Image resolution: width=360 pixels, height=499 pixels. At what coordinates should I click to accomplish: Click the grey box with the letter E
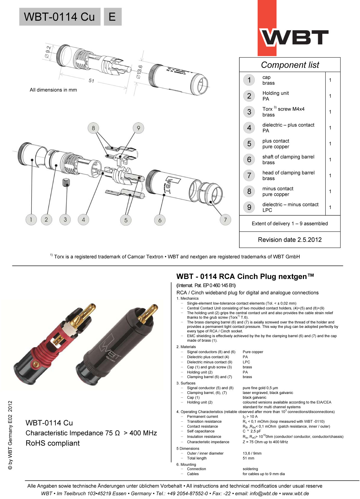112,17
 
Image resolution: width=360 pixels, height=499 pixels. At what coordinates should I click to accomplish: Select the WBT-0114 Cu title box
60,17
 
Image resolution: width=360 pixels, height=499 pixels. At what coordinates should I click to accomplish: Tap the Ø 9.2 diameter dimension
48,51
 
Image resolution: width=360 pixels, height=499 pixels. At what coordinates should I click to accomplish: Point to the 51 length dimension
91,81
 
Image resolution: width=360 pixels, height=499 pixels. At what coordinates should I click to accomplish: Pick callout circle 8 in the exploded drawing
93,128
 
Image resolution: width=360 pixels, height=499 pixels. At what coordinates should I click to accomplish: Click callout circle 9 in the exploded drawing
138,128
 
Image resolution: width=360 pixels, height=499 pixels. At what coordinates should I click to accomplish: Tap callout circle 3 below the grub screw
65,220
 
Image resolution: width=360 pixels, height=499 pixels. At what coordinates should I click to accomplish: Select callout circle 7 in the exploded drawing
225,220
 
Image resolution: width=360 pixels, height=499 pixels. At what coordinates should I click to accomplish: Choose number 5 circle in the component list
249,144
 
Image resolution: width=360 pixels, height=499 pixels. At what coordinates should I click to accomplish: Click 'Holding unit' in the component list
275,93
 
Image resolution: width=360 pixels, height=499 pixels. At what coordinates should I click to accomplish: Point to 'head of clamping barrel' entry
288,173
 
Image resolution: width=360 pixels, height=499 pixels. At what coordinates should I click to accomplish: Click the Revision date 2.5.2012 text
290,240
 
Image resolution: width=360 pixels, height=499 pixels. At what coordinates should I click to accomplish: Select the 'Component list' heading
290,65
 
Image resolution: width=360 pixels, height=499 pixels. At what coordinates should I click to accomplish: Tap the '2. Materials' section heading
186,347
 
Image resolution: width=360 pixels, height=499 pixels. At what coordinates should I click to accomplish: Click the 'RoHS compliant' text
53,443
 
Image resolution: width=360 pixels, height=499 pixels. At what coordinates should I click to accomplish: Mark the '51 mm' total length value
248,458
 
